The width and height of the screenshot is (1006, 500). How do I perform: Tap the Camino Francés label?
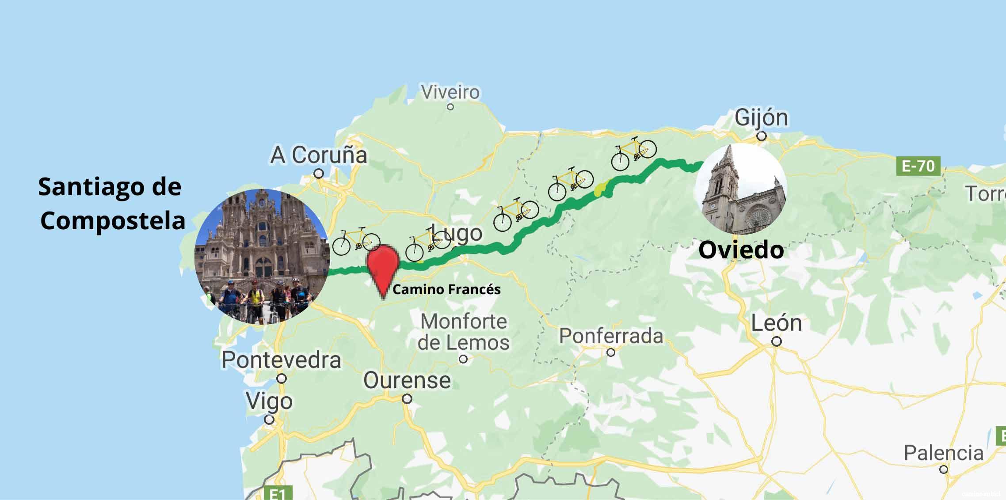pyautogui.click(x=446, y=290)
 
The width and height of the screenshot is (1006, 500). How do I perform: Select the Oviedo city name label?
pyautogui.click(x=741, y=250)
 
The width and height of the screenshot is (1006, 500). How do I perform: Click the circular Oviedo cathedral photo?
pyautogui.click(x=740, y=189)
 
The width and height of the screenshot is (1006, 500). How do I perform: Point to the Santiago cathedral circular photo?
pyautogui.click(x=262, y=257)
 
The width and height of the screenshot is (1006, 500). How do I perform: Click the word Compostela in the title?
pyautogui.click(x=113, y=220)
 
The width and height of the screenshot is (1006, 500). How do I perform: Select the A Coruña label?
pyautogui.click(x=319, y=155)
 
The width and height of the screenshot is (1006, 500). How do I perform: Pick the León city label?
pyautogui.click(x=777, y=323)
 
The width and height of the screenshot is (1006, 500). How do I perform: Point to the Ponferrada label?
pyautogui.click(x=611, y=337)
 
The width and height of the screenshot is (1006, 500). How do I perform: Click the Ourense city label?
pyautogui.click(x=407, y=381)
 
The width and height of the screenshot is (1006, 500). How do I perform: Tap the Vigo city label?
pyautogui.click(x=269, y=402)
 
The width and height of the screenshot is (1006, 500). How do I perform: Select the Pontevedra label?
pyautogui.click(x=281, y=360)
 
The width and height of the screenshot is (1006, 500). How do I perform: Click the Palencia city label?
pyautogui.click(x=944, y=453)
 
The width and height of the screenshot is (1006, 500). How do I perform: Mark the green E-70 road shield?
pyautogui.click(x=918, y=167)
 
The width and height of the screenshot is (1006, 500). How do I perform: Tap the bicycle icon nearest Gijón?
pyautogui.click(x=633, y=153)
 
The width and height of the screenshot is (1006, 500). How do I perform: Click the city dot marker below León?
pyautogui.click(x=777, y=341)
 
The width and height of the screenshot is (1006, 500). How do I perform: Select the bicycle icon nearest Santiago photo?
pyautogui.click(x=356, y=241)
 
